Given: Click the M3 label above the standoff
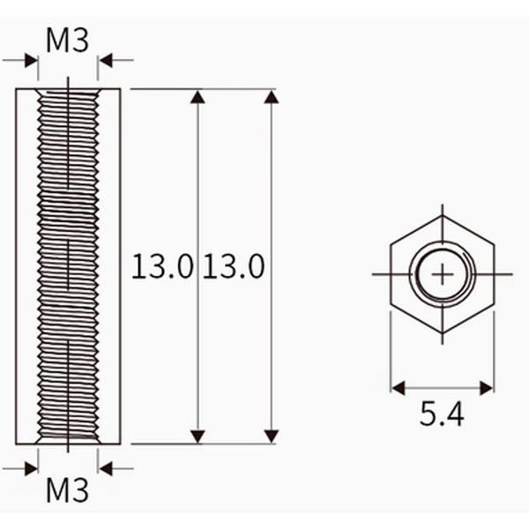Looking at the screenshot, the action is pyautogui.click(x=67, y=41).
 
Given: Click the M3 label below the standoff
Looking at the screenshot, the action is pyautogui.click(x=67, y=490).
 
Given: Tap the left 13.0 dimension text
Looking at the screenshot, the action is pyautogui.click(x=162, y=266).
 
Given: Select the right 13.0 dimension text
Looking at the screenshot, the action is pyautogui.click(x=234, y=266).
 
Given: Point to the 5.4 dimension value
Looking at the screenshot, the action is pyautogui.click(x=442, y=414).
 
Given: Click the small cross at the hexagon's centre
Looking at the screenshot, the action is pyautogui.click(x=442, y=274).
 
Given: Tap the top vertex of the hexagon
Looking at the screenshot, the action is pyautogui.click(x=443, y=216).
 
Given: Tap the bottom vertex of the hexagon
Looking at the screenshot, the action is pyautogui.click(x=443, y=333).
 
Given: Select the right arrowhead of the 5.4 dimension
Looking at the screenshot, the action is pyautogui.click(x=487, y=388).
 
